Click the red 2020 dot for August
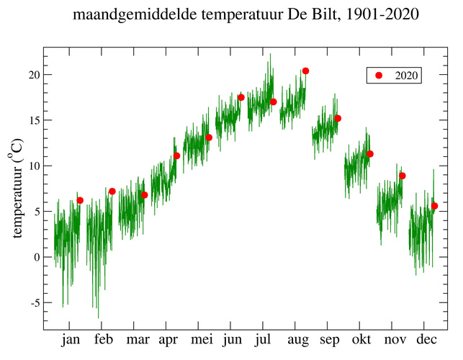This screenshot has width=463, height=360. pos(305,71)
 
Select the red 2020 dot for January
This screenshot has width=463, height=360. pos(80,200)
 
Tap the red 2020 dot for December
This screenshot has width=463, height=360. pos(434,206)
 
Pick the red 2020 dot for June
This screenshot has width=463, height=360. pos(241,97)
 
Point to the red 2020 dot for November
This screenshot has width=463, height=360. pos(403,176)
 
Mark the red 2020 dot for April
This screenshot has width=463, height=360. pos(176,156)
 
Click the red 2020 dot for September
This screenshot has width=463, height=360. pos(338,118)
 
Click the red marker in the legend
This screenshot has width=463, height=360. pos(379,76)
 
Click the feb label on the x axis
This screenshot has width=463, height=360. pos(103,340)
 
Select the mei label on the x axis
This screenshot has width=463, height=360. pos(200,340)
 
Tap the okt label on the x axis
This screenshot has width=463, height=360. pos(361,340)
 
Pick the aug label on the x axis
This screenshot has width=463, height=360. pos(297,340)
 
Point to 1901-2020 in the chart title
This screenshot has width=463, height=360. pos(382,14)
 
